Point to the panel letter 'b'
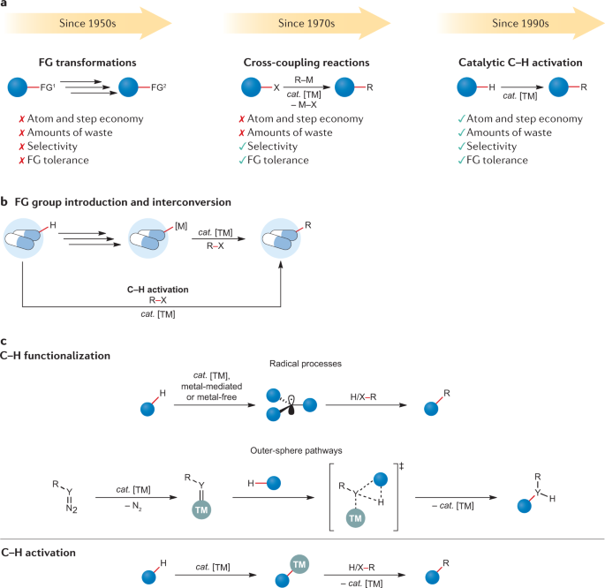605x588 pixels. pyautogui.click(x=5, y=202)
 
